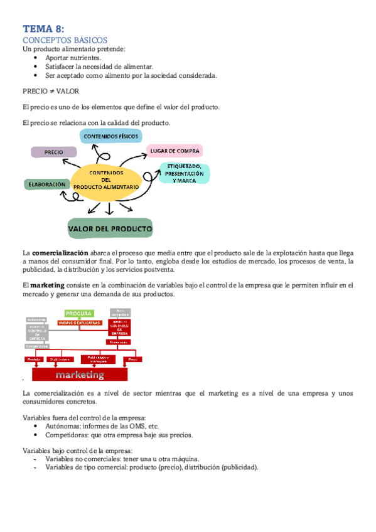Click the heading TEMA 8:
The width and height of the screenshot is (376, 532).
coord(43,28)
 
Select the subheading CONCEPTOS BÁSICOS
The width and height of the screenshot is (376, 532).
coord(65,40)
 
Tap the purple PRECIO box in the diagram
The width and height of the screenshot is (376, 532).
coord(53,152)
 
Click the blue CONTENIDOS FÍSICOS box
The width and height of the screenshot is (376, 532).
coord(110,136)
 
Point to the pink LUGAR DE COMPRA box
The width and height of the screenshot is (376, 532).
coord(175,151)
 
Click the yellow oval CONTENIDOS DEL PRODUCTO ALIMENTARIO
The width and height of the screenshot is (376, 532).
coord(106,180)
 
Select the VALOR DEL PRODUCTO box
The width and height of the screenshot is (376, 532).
coord(110,228)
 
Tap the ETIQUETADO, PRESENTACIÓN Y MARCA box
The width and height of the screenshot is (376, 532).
coord(184,173)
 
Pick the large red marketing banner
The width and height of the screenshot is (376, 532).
coord(79,375)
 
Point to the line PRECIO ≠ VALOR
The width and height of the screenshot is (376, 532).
coord(50,91)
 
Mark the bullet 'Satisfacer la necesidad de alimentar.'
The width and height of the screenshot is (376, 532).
coord(99,66)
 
